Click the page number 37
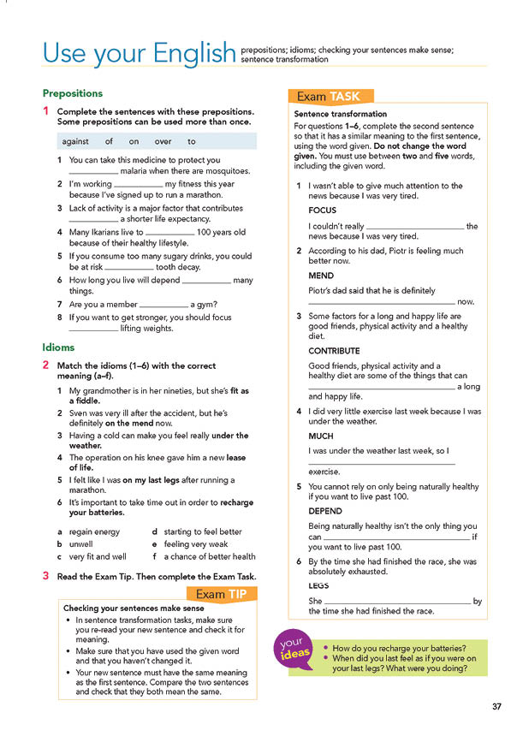tap(496, 706)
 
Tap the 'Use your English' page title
tap(139, 54)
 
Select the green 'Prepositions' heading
tap(73, 93)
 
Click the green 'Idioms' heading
tap(58, 347)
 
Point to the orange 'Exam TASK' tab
tap(334, 97)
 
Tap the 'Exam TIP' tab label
tap(221, 594)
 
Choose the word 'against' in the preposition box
tap(74, 142)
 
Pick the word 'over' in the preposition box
tap(163, 142)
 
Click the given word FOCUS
tap(323, 210)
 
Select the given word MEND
tap(321, 276)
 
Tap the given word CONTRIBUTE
tap(334, 351)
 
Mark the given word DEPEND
tap(325, 511)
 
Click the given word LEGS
tap(320, 586)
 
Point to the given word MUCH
tap(322, 436)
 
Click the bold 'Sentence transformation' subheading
tap(340, 114)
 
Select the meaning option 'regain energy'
tap(94, 531)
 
